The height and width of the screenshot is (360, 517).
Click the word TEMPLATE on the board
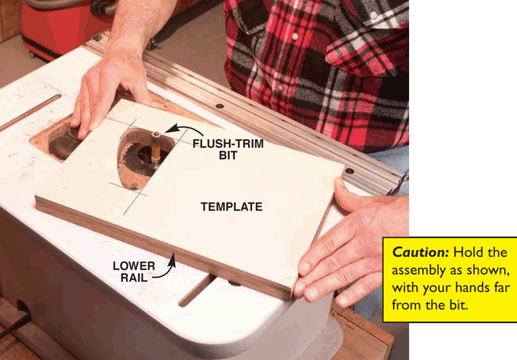tap(231, 207)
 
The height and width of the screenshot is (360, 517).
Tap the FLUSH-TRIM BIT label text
tap(228, 149)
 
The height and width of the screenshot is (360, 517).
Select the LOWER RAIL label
tap(134, 271)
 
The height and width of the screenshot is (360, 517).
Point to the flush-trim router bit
tap(156, 147)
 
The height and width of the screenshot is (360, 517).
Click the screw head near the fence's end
tap(350, 171)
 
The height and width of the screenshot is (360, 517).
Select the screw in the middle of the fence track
tap(220, 106)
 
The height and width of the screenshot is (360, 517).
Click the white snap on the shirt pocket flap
tap(374, 16)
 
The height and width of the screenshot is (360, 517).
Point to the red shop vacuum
tap(66, 26)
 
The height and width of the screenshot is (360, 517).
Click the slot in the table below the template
tap(197, 290)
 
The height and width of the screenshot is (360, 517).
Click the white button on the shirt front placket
tap(295, 36)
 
